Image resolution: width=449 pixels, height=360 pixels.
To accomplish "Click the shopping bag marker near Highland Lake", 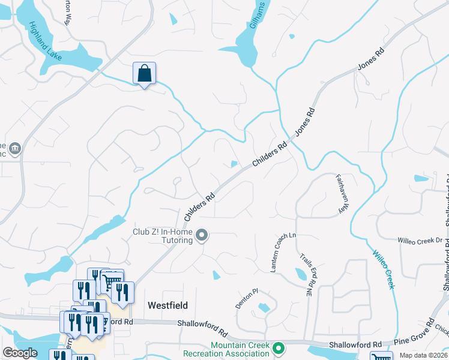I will pos(144,74).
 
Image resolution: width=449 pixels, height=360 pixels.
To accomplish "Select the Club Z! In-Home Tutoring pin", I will pos(202,236).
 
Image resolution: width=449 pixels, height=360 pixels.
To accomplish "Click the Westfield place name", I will pos(167,305).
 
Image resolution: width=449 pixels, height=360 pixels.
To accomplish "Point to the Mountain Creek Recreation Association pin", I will pos(278,348).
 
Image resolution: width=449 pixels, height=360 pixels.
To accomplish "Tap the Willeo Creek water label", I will pos(382,269).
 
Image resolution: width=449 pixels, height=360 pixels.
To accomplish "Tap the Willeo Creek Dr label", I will pos(420,241).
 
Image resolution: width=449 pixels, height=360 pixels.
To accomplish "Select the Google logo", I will pos(19,353).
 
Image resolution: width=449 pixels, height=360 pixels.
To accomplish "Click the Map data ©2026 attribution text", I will pos(423,355).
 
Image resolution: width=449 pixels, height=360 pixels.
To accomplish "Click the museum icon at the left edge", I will pos(14,148).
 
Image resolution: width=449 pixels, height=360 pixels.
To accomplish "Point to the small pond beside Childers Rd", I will pos(234,164).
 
